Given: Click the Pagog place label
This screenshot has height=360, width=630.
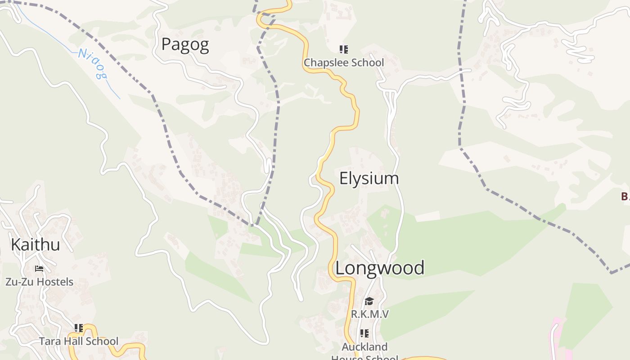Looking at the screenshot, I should tap(185, 45).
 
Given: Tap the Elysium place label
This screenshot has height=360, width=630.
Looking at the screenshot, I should tap(369, 179).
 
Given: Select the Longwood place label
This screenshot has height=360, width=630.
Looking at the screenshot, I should tap(380, 268).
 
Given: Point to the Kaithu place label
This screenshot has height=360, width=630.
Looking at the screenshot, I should tap(35, 245).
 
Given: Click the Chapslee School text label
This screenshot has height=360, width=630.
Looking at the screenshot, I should tap(344, 63).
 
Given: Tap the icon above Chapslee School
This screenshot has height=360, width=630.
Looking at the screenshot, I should tap(344, 49).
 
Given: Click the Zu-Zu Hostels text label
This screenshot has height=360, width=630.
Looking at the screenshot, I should tap(39, 282).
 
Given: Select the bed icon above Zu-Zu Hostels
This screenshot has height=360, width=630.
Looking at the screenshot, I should tap(39, 269).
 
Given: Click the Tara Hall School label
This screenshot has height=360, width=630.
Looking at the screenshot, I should tap(79, 341).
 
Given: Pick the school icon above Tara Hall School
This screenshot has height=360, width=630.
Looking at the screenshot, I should tap(79, 328).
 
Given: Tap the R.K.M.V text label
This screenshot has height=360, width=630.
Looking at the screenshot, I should tap(369, 314).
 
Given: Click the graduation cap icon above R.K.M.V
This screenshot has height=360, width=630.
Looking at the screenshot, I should tap(369, 301).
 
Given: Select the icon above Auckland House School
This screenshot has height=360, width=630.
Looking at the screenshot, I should tap(364, 333).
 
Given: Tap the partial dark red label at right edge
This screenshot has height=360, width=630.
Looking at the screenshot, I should tap(625, 196).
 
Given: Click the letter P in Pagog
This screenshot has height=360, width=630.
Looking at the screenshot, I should tap(166, 45).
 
